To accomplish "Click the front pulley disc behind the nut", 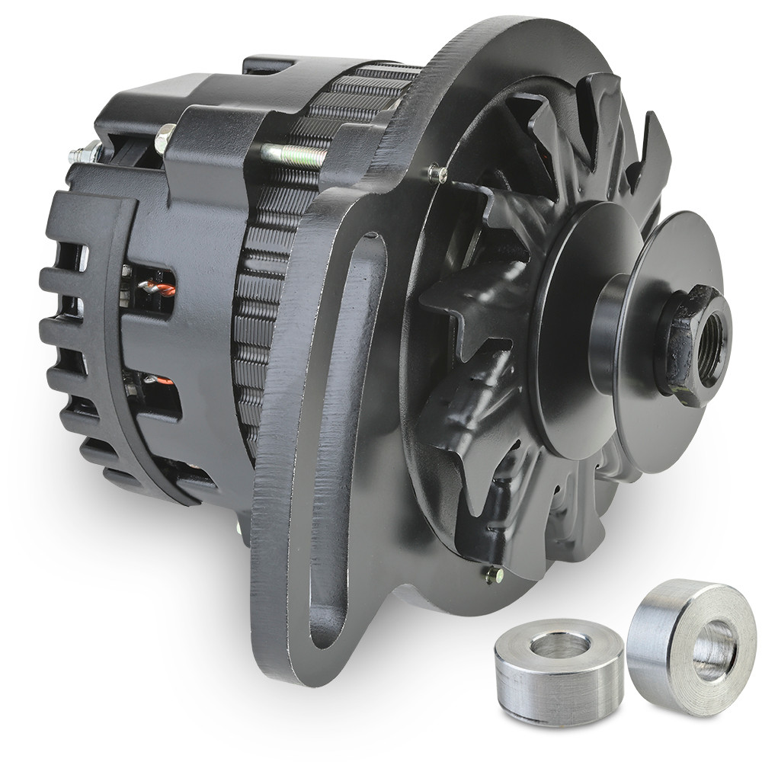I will (x=671, y=274).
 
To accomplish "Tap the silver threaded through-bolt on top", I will (x=293, y=155).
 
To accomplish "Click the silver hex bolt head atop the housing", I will (x=165, y=139).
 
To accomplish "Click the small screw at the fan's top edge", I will (x=437, y=174).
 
